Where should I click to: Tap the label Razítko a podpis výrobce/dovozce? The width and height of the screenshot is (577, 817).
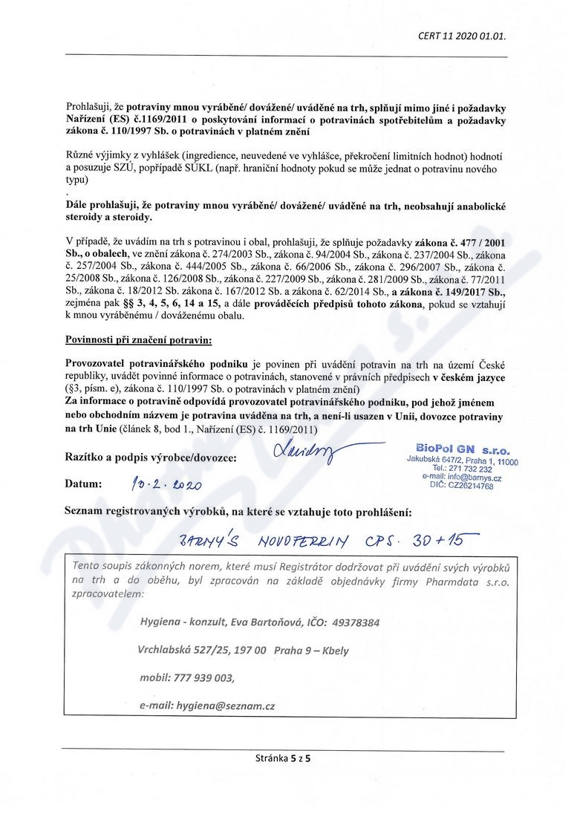click(151, 458)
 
